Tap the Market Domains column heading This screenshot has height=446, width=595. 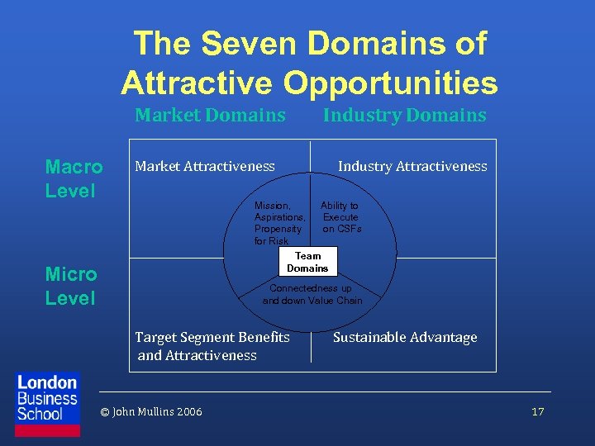coord(210,115)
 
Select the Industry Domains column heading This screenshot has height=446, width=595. coord(404,115)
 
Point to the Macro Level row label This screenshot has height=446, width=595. coord(74,178)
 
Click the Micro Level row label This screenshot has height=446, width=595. coord(71,286)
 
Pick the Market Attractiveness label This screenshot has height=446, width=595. coord(205,166)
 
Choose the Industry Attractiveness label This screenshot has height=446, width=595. coord(412,166)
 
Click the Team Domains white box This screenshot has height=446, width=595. coord(307,262)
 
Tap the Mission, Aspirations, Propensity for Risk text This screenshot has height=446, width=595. coord(279,223)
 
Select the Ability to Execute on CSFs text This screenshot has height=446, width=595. coord(340,217)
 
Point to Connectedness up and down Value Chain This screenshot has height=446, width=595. coord(312,294)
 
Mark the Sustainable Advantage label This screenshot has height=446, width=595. coord(405,337)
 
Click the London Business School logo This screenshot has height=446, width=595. coord(48,397)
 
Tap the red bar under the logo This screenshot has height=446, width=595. coord(48,430)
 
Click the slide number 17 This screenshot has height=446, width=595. coord(538,411)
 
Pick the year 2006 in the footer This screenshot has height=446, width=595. coord(188,411)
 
